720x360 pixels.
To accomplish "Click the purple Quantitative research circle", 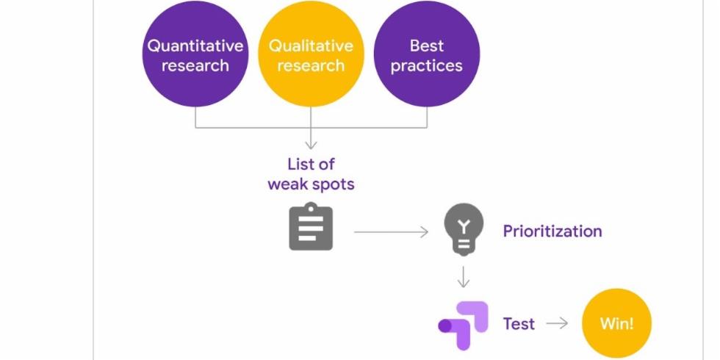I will [195, 55].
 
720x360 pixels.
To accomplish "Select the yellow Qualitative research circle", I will [311, 55].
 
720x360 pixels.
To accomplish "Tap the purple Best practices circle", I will [427, 55].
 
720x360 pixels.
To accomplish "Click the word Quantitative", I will [195, 46].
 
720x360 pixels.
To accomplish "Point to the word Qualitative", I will [311, 46].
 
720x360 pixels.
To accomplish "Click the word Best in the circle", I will [427, 46].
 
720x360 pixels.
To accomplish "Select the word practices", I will [427, 65].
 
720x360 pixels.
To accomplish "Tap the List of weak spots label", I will [311, 174].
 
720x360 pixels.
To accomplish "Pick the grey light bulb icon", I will [464, 229].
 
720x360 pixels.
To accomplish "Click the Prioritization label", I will [552, 231].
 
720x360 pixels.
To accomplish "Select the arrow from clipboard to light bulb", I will [391, 232].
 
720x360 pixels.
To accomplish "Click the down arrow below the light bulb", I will [464, 277].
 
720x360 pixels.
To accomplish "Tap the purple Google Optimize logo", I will [462, 324].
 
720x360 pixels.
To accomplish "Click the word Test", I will [519, 324].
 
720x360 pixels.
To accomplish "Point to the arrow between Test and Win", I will [558, 323].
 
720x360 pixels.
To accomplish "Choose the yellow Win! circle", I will [616, 323].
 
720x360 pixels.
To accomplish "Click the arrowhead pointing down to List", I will [311, 145].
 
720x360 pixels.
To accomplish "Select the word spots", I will [331, 184].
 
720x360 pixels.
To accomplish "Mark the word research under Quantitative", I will [195, 65].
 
